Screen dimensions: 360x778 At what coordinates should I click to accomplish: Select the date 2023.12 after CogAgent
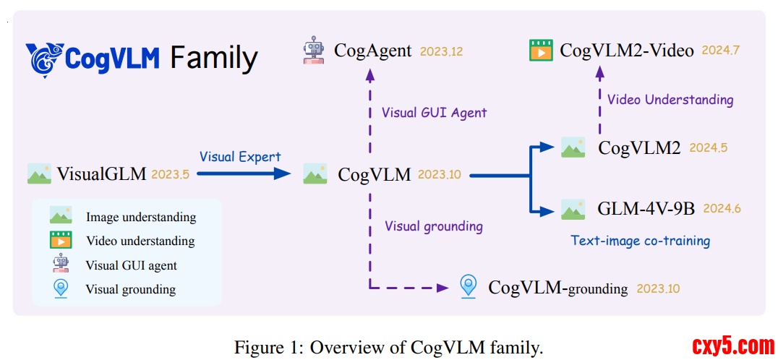pos(440,51)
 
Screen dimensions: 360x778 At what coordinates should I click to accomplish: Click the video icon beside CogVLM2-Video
pos(541,51)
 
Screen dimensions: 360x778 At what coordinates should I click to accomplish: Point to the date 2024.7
pos(720,51)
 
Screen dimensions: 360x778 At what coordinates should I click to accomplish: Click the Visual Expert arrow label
pos(240,157)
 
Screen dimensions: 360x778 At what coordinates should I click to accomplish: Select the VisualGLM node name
pos(102,173)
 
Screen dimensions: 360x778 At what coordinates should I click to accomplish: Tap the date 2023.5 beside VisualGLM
pos(171,174)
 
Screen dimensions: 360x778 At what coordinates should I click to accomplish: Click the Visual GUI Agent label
pos(434,112)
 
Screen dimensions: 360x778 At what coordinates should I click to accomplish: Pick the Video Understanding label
pos(670,100)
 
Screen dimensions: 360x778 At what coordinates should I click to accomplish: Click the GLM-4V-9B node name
pos(646,209)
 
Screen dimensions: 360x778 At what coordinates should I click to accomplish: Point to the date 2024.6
pos(722,209)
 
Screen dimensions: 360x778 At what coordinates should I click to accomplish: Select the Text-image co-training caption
pos(640,241)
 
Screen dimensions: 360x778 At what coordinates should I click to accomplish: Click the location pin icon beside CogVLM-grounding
pos(469,287)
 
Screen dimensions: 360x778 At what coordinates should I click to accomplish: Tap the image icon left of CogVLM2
pos(573,147)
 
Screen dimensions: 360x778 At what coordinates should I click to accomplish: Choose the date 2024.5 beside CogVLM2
pos(708,147)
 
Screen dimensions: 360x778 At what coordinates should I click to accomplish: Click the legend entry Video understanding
pos(140,241)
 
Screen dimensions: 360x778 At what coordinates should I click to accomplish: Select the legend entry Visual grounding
pos(130,289)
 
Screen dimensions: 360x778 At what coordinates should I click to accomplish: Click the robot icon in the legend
pos(60,264)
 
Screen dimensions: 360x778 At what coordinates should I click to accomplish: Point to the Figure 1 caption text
pos(388,347)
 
